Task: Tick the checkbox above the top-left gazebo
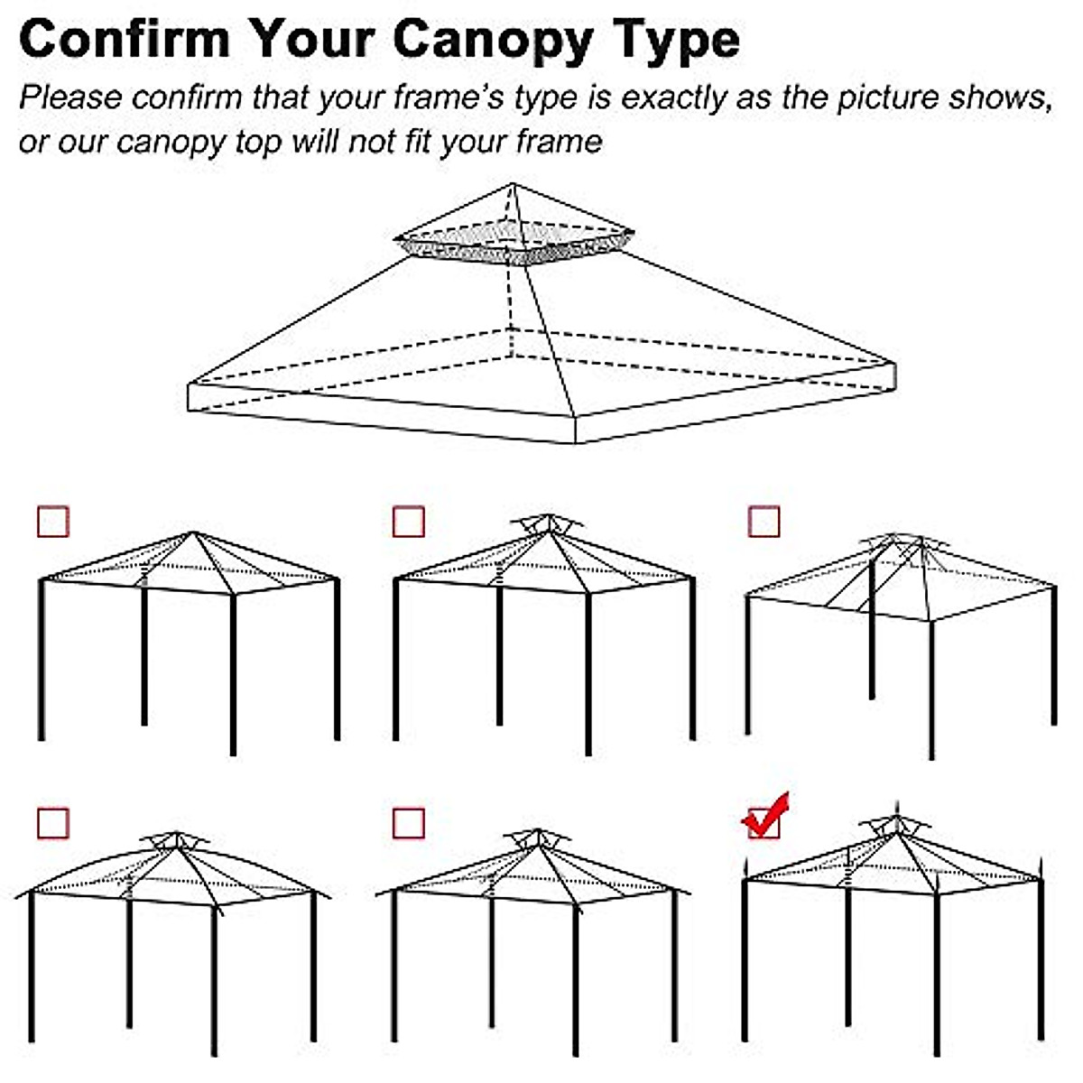(53, 522)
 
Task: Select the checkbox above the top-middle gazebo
(409, 522)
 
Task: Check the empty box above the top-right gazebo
(764, 522)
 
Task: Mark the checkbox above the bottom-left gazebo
(53, 823)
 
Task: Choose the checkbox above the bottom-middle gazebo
(409, 823)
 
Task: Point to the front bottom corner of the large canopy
(575, 442)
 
